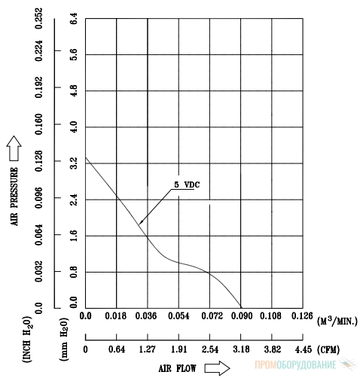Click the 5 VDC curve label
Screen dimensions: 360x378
click(x=187, y=185)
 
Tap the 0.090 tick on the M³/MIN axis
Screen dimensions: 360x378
click(x=242, y=316)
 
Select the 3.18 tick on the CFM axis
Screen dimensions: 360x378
click(x=241, y=349)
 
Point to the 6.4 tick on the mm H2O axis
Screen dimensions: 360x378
click(x=74, y=18)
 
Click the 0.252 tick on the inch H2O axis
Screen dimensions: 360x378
click(x=39, y=18)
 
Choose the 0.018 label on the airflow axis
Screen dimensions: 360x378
click(x=116, y=316)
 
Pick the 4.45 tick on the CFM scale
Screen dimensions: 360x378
click(x=304, y=349)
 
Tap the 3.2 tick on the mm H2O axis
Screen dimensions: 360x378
click(x=74, y=163)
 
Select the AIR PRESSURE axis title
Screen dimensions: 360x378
click(x=14, y=197)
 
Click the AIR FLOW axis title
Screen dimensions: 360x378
click(x=177, y=368)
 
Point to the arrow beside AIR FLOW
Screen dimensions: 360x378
click(x=217, y=368)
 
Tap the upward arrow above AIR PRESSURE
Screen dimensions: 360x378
click(x=14, y=148)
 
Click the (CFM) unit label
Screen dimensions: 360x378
click(x=328, y=349)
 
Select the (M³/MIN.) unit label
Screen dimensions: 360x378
click(x=337, y=321)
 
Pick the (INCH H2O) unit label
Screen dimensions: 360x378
click(x=27, y=339)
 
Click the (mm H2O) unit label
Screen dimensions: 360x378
click(x=64, y=339)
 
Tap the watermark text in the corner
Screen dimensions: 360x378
click(x=295, y=364)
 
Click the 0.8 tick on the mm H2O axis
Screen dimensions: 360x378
click(x=74, y=272)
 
